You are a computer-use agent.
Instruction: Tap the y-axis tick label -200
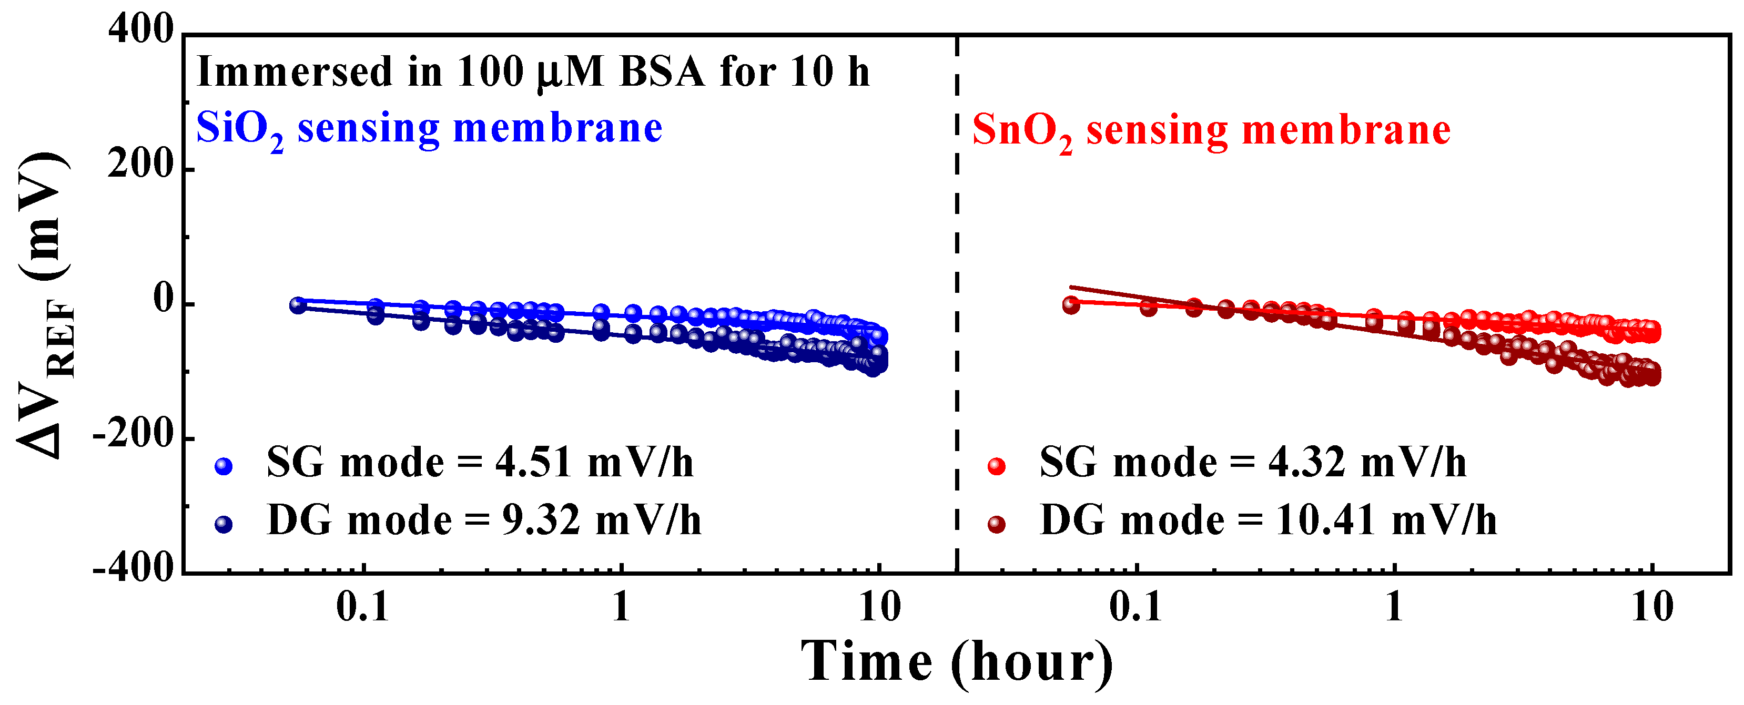point(134,434)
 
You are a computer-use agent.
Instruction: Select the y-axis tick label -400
point(134,568)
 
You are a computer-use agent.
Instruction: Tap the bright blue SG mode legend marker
point(224,466)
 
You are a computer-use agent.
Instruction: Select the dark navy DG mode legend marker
point(224,524)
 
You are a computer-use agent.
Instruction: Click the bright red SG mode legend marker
point(996,466)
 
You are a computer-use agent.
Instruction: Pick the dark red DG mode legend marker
point(996,524)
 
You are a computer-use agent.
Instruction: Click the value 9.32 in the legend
point(540,521)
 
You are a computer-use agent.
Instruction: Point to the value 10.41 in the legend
point(1324,521)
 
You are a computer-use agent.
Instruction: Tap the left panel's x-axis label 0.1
point(363,607)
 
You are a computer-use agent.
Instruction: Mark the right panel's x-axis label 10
point(1651,607)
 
